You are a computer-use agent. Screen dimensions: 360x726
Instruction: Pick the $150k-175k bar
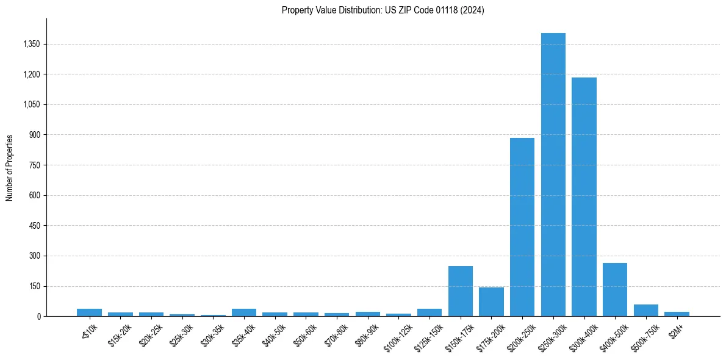[x=461, y=291]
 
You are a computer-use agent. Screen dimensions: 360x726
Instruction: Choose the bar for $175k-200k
[x=491, y=302]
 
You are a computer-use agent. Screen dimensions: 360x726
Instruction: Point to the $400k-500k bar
[x=615, y=290]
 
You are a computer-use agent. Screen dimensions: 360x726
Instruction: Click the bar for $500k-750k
[x=645, y=311]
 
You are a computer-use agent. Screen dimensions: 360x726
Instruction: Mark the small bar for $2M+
[x=677, y=314]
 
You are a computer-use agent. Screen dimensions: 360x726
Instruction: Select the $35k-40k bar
[x=244, y=312]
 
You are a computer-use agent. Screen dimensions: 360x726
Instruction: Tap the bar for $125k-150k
[x=429, y=312]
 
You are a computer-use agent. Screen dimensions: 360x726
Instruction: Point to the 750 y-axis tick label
[x=34, y=165]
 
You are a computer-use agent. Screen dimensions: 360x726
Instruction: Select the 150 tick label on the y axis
[x=34, y=286]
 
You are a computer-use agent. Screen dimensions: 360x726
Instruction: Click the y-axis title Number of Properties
[x=9, y=167]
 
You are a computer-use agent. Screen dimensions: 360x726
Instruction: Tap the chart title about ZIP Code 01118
[x=383, y=10]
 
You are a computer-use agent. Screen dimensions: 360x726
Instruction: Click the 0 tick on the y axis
[x=38, y=316]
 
